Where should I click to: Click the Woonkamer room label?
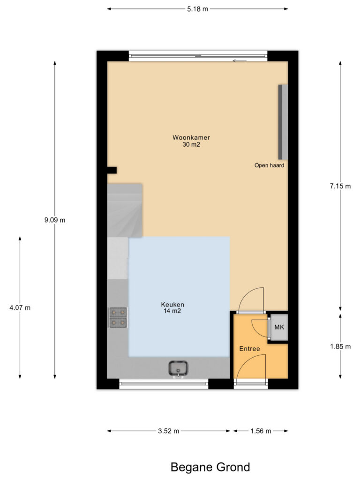pos(191,141)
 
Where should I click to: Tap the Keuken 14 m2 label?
pos(172,307)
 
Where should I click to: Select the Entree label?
pos(249,349)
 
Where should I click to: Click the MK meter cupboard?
pos(279,327)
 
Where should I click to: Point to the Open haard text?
pos(269,165)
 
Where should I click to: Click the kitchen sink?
pos(178,368)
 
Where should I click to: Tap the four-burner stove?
pos(118,317)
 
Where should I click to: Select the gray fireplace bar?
pos(283,122)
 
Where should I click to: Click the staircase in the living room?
pos(125,210)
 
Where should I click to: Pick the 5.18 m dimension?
pos(197,9)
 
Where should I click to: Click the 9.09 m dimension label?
pos(55,220)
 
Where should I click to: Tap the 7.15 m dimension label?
pos(340,186)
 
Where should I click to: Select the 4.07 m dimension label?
pos(20,307)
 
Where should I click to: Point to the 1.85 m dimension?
pos(340,346)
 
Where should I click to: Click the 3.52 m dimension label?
pos(168,431)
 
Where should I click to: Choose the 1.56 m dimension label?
pos(261,431)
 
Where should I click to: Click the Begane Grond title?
pos(210,467)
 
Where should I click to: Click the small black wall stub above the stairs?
pos(112,170)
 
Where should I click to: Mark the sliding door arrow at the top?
pos(240,61)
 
